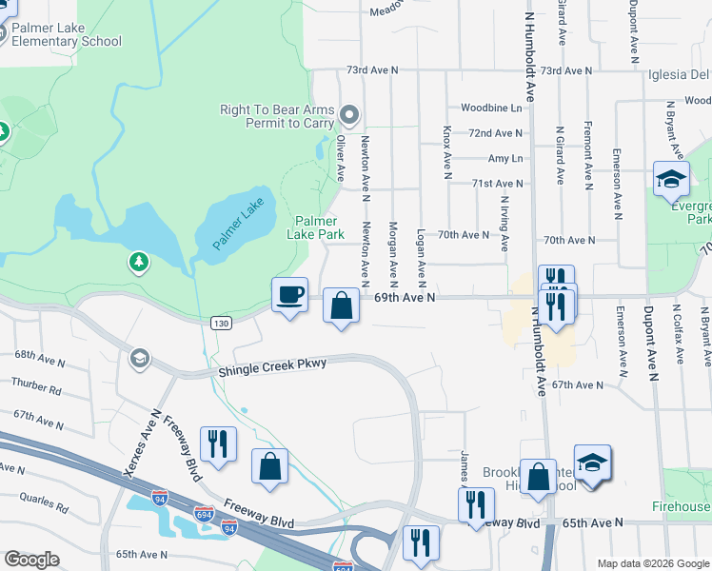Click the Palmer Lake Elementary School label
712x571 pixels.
click(x=67, y=33)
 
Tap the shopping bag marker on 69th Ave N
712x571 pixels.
click(x=341, y=306)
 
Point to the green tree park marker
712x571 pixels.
click(x=139, y=261)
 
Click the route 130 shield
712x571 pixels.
click(x=221, y=324)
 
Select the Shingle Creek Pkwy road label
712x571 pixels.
click(x=272, y=367)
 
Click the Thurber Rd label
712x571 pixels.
click(x=36, y=388)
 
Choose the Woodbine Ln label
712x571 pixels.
click(x=492, y=108)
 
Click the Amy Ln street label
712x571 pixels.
click(x=504, y=158)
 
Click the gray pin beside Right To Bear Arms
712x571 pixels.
click(x=348, y=116)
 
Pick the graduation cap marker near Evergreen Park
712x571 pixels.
click(x=670, y=178)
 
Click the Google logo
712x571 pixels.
click(x=31, y=560)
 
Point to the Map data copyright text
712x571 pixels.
click(x=652, y=563)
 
